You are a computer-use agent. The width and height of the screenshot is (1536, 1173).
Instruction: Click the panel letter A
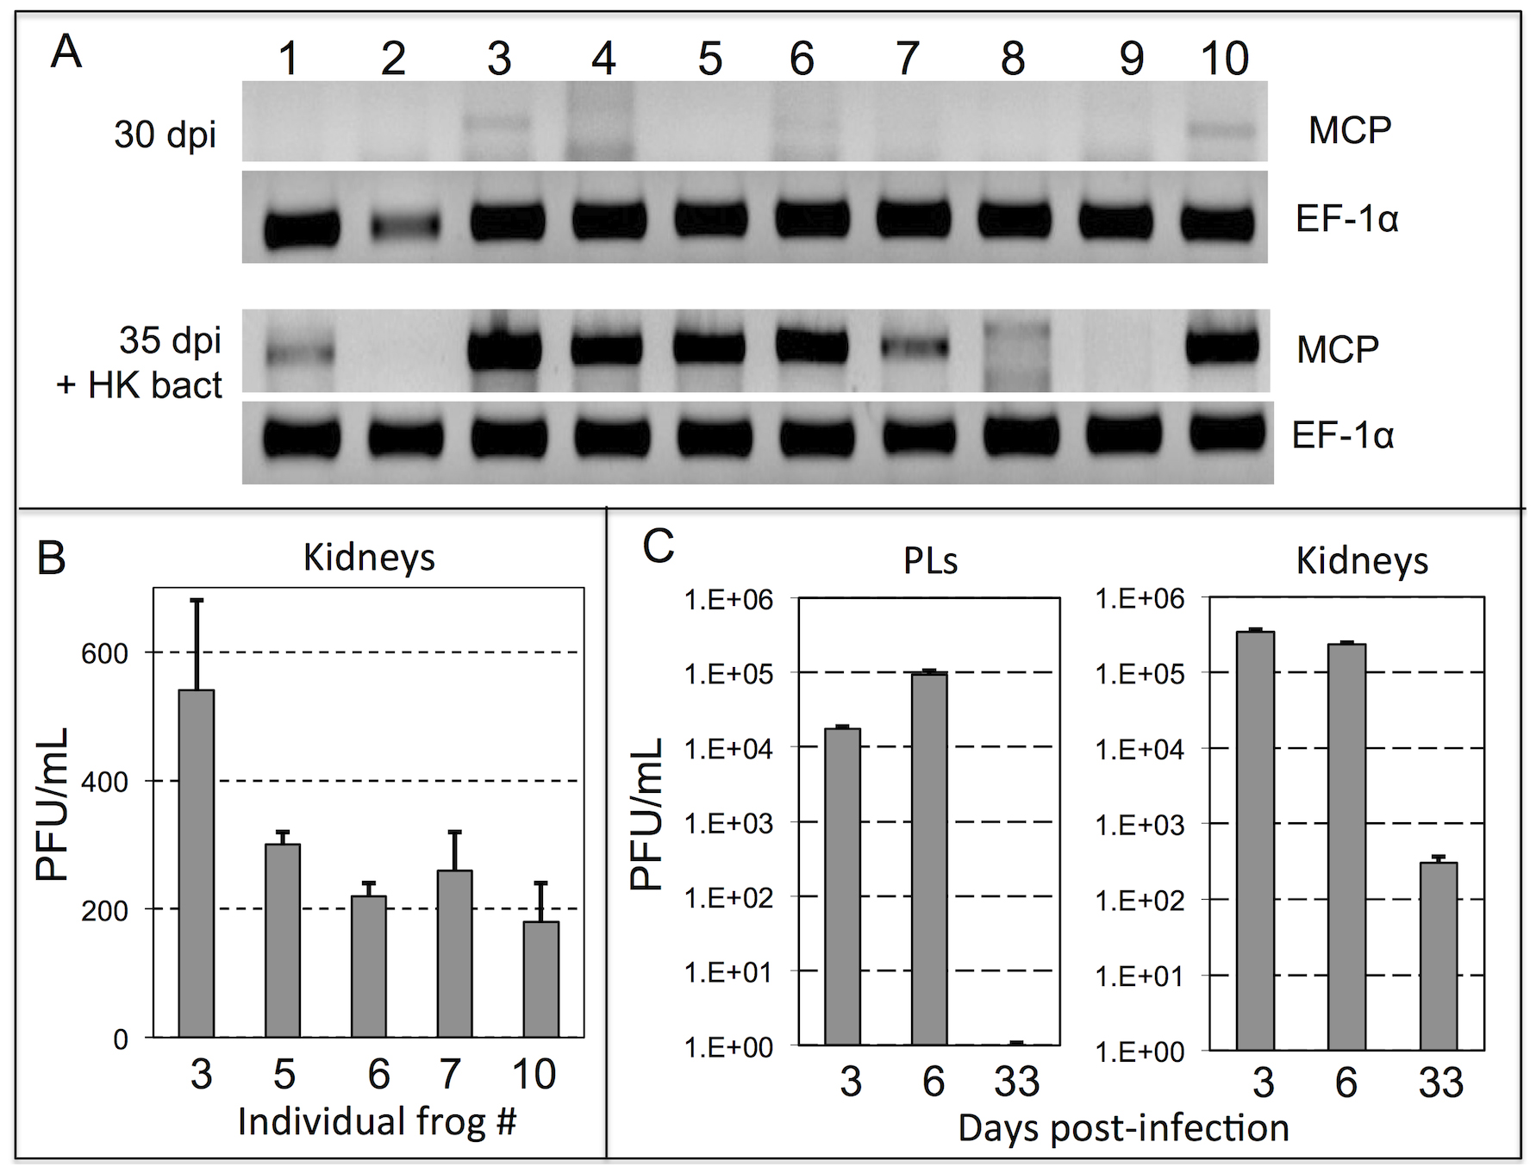tap(66, 53)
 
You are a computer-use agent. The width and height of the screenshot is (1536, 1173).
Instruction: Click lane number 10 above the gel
tap(1224, 59)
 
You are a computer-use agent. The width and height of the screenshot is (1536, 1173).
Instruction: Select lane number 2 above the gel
tap(393, 59)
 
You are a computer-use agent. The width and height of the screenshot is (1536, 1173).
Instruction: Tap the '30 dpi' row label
tap(165, 134)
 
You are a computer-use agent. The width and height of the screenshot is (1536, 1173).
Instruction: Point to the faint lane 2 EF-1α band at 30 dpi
tap(405, 226)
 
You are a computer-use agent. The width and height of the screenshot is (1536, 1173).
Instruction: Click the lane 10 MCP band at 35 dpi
tap(1222, 347)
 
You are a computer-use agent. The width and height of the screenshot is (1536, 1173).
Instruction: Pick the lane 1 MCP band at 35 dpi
tap(298, 352)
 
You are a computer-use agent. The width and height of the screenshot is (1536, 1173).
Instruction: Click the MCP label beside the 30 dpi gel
tap(1349, 130)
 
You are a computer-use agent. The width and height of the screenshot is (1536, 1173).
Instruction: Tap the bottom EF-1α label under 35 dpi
tap(1342, 435)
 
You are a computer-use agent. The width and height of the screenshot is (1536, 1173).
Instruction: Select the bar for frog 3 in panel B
tap(197, 862)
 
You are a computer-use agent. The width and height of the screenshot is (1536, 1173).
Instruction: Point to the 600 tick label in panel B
tap(104, 653)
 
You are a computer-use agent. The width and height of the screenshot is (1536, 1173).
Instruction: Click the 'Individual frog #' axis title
tap(377, 1121)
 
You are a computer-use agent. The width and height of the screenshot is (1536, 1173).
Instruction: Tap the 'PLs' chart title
tap(930, 561)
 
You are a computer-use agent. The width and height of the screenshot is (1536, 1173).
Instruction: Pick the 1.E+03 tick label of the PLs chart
tap(728, 823)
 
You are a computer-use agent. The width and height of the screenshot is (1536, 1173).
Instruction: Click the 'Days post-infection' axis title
tap(1123, 1127)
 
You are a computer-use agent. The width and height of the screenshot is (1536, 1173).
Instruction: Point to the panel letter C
tap(659, 546)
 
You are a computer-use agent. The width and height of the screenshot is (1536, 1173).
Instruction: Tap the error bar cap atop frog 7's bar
tap(455, 832)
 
